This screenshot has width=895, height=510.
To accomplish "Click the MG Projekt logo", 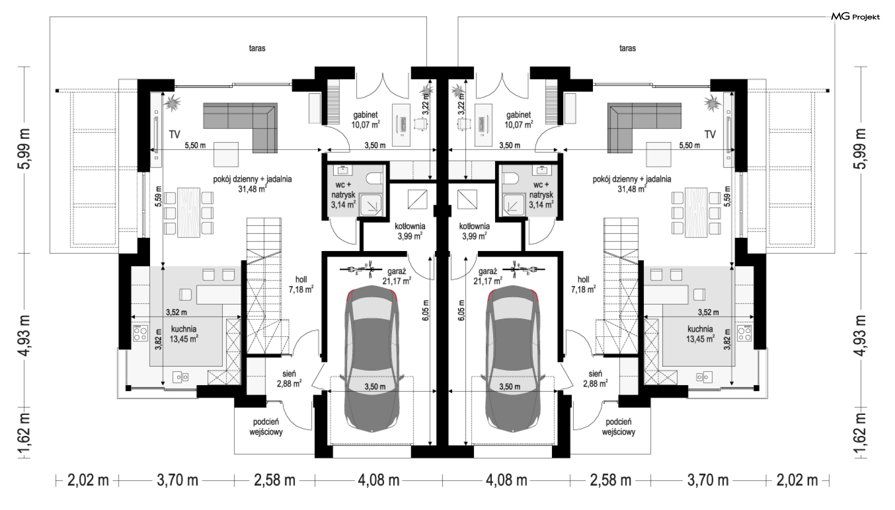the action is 855,17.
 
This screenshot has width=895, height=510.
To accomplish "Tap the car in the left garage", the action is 372,358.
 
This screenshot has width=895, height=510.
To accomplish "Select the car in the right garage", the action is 513,358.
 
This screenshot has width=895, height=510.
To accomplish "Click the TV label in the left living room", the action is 174,135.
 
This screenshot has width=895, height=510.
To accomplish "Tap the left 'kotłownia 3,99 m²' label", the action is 410,231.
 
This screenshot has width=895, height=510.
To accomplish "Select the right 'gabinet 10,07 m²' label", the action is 518,120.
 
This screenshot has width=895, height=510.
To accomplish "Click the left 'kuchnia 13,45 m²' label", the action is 184,334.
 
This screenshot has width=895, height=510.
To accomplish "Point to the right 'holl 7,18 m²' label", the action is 583,284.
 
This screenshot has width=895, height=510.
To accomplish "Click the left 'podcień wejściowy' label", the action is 266,427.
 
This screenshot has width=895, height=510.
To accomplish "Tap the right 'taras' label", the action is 627,48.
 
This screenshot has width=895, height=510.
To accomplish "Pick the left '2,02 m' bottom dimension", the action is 88,480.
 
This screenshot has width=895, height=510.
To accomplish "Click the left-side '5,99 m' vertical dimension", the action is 24,149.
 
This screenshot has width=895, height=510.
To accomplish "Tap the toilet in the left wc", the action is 375,178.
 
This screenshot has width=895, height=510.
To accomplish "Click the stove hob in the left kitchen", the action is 139,333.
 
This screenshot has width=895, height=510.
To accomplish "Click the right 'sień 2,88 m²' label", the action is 595,378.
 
